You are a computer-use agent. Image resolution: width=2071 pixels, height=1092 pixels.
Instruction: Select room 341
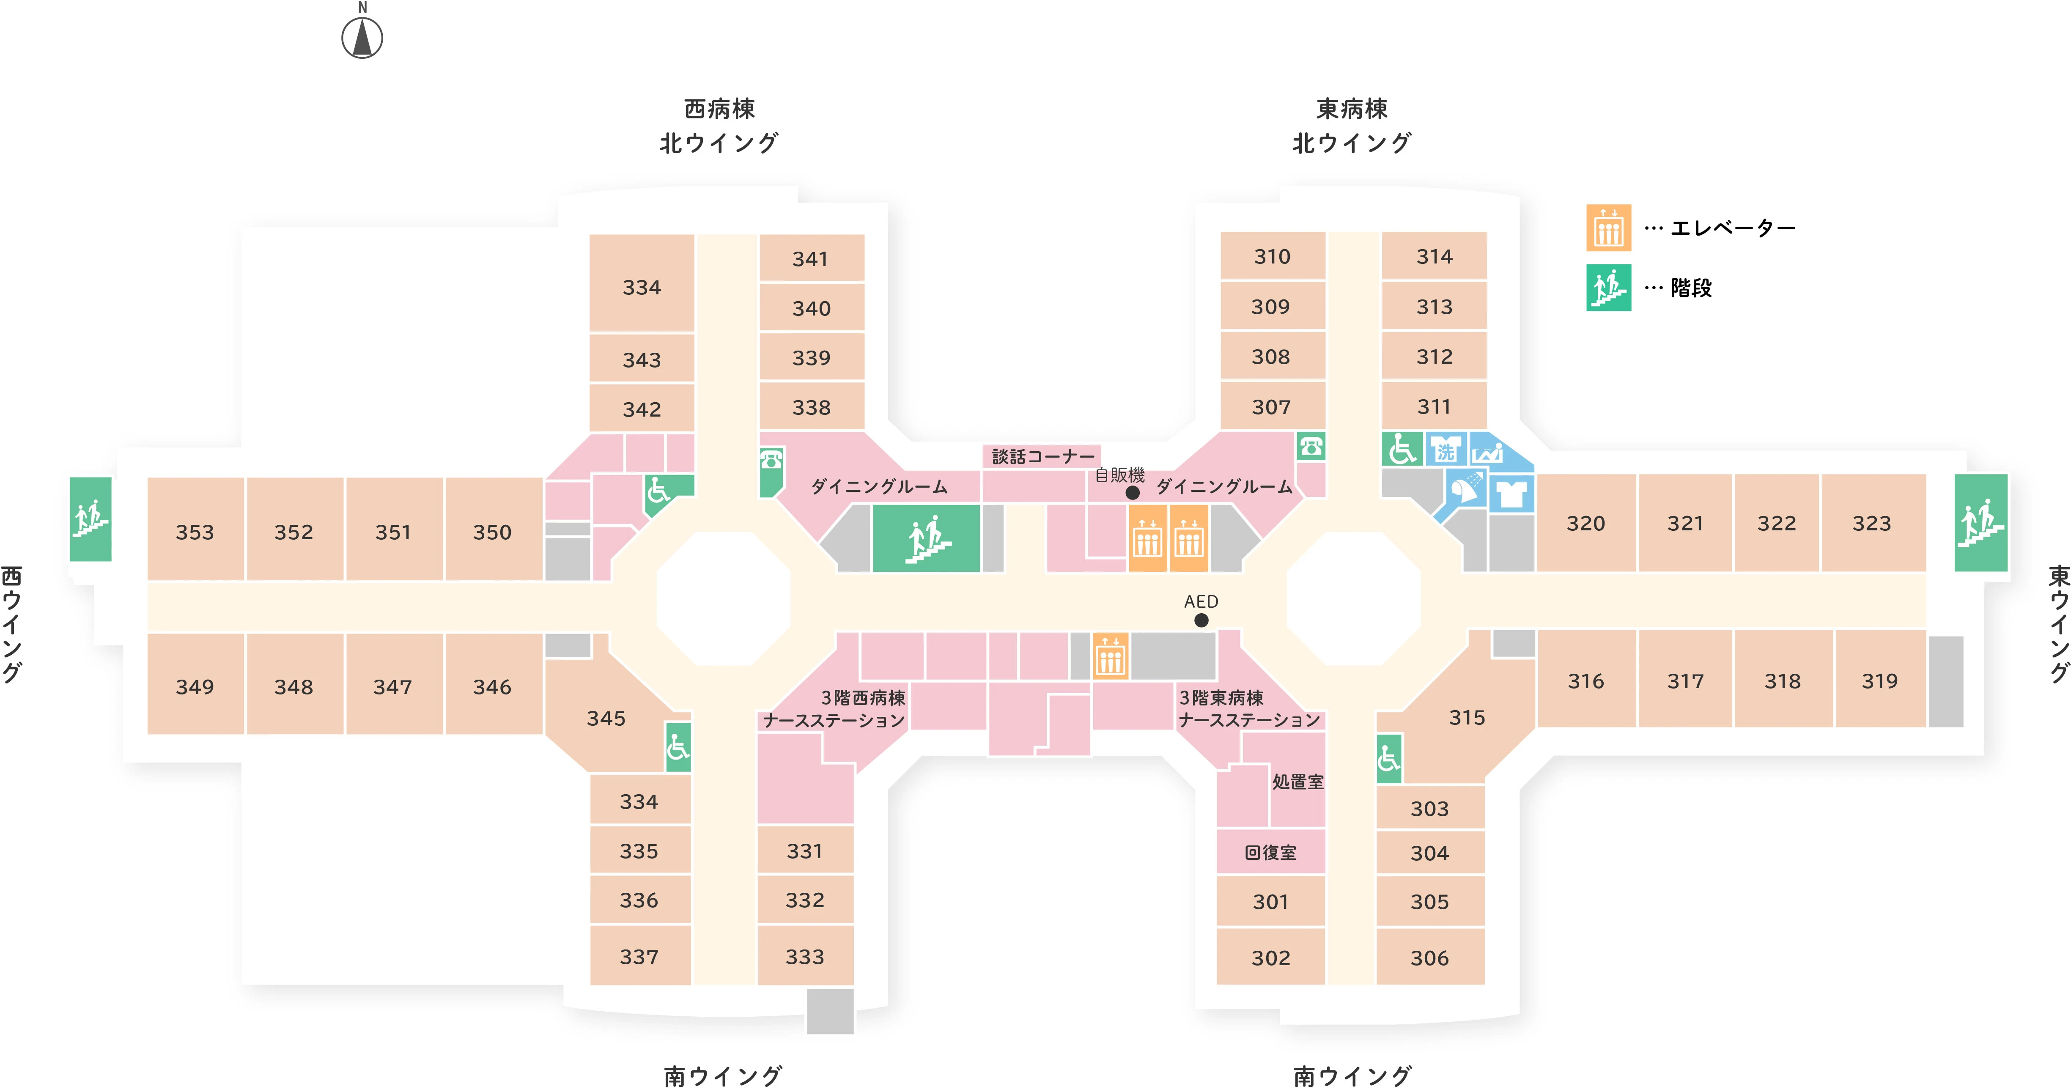810,258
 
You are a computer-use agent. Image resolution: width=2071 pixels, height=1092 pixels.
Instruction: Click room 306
1429,957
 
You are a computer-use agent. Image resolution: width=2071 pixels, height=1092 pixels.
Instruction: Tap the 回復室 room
1270,852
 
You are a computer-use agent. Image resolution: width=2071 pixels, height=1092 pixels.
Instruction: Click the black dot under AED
1201,620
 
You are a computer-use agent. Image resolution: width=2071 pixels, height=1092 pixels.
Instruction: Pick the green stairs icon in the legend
1608,287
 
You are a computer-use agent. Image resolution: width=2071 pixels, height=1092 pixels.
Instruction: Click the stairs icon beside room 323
1980,523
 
